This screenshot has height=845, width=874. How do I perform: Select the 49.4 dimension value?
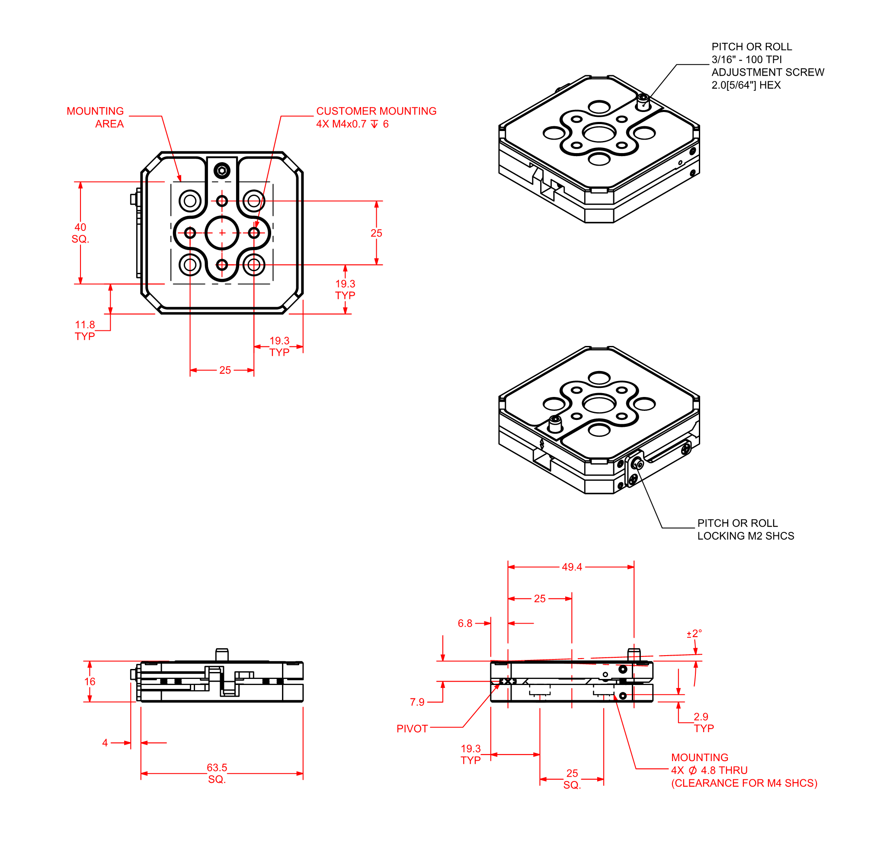click(572, 567)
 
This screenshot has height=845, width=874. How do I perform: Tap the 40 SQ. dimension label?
click(80, 233)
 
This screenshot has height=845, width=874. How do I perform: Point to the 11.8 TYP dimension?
click(85, 330)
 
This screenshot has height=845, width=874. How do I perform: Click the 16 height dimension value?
click(90, 682)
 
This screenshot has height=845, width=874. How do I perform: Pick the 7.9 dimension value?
click(417, 702)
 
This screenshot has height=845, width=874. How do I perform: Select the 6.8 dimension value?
click(464, 624)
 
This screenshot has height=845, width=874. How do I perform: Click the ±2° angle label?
click(694, 634)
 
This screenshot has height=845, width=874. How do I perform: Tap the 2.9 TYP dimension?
click(703, 722)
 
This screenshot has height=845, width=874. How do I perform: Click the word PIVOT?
click(412, 729)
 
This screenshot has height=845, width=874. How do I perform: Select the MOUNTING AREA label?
click(96, 117)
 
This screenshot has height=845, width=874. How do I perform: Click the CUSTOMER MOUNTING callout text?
click(376, 111)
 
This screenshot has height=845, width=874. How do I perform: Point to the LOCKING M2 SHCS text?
click(746, 536)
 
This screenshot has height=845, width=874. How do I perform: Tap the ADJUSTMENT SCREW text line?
click(768, 72)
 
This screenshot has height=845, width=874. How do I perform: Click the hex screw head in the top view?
click(222, 170)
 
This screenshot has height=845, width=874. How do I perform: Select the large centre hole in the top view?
click(222, 233)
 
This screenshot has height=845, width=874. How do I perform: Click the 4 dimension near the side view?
click(105, 743)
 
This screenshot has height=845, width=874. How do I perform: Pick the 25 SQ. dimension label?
click(572, 779)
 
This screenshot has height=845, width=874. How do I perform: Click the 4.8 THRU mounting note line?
click(709, 770)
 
